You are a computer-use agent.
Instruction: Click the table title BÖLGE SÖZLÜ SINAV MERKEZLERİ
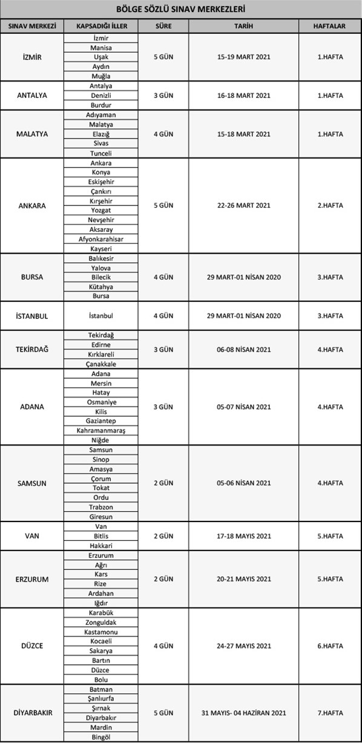[x=181, y=9]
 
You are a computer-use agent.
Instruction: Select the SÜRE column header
[x=163, y=27]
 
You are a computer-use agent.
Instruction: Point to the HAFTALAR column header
[x=330, y=27]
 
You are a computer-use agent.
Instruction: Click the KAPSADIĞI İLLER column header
[x=100, y=27]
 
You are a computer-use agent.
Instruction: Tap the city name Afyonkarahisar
[x=100, y=239]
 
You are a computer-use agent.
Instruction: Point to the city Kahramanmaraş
[x=100, y=430]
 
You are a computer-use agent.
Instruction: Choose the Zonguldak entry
[x=100, y=622]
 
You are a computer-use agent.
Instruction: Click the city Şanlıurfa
[x=100, y=698]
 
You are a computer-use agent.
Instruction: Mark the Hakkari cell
[x=100, y=545]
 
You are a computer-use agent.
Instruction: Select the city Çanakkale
[x=100, y=364]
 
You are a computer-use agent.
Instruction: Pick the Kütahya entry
[x=100, y=287]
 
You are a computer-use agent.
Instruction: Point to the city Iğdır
[x=100, y=603]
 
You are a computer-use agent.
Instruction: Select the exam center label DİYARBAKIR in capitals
[x=33, y=713]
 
